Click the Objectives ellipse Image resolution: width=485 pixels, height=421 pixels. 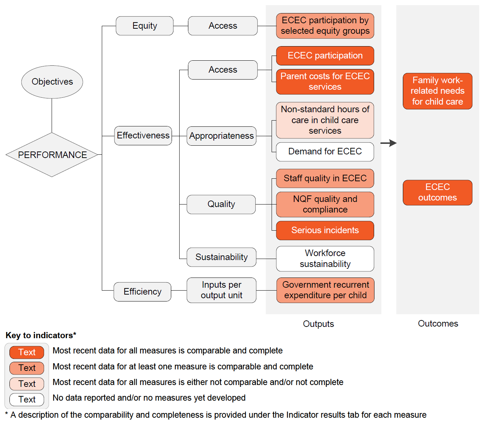point(52,82)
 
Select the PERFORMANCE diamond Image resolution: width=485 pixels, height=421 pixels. point(52,155)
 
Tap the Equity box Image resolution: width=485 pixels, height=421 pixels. point(144,26)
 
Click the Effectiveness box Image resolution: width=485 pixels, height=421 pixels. point(143,135)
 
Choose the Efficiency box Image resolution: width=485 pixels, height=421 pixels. point(142,292)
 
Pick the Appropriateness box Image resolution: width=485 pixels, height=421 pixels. point(221,136)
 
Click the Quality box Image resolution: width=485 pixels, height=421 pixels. point(221,204)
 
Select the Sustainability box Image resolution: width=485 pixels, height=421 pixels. point(221,257)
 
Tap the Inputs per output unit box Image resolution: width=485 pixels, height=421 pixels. point(221,290)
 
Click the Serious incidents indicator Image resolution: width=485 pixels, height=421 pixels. point(325,230)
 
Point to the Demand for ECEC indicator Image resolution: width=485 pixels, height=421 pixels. point(325,151)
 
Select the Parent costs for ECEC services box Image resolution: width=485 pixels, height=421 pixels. point(325,81)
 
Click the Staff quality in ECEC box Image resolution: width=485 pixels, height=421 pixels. point(325,178)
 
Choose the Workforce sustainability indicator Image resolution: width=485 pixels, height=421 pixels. point(325,259)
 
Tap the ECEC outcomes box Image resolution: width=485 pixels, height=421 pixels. point(437,193)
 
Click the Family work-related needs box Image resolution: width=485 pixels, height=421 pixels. point(437,91)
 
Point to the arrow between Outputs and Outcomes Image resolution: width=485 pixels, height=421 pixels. point(388,143)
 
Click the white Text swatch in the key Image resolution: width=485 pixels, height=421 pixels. point(27,400)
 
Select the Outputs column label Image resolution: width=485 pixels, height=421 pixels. point(318,324)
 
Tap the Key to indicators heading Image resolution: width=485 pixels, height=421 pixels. point(41,335)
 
